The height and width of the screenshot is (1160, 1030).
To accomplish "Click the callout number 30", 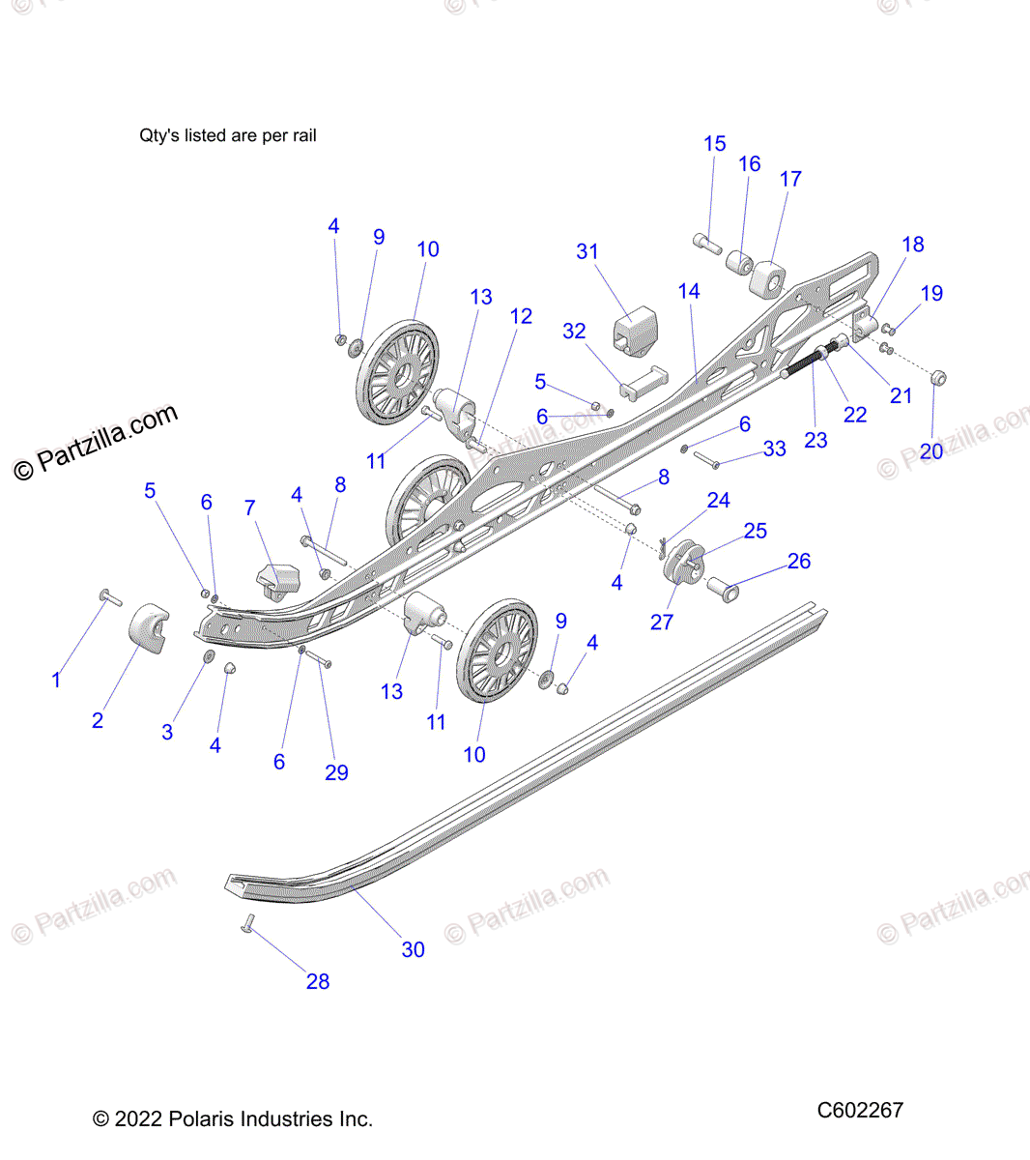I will click(x=413, y=949).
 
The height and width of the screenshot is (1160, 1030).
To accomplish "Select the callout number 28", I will click(x=318, y=981).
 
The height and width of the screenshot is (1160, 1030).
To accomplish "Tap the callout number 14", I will click(x=689, y=291).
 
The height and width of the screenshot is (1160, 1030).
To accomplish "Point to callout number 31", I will click(x=587, y=251).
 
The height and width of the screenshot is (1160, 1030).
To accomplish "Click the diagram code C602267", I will click(x=860, y=1110).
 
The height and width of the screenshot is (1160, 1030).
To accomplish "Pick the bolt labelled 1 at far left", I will click(x=110, y=598).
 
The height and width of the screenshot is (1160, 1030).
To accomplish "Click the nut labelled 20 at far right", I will click(x=936, y=378).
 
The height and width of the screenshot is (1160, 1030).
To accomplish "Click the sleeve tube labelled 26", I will click(x=724, y=586).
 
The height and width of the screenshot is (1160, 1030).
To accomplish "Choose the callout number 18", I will click(x=913, y=245).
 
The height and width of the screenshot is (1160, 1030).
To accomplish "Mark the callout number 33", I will click(x=775, y=449).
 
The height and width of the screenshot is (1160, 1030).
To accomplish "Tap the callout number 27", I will click(x=662, y=622).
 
